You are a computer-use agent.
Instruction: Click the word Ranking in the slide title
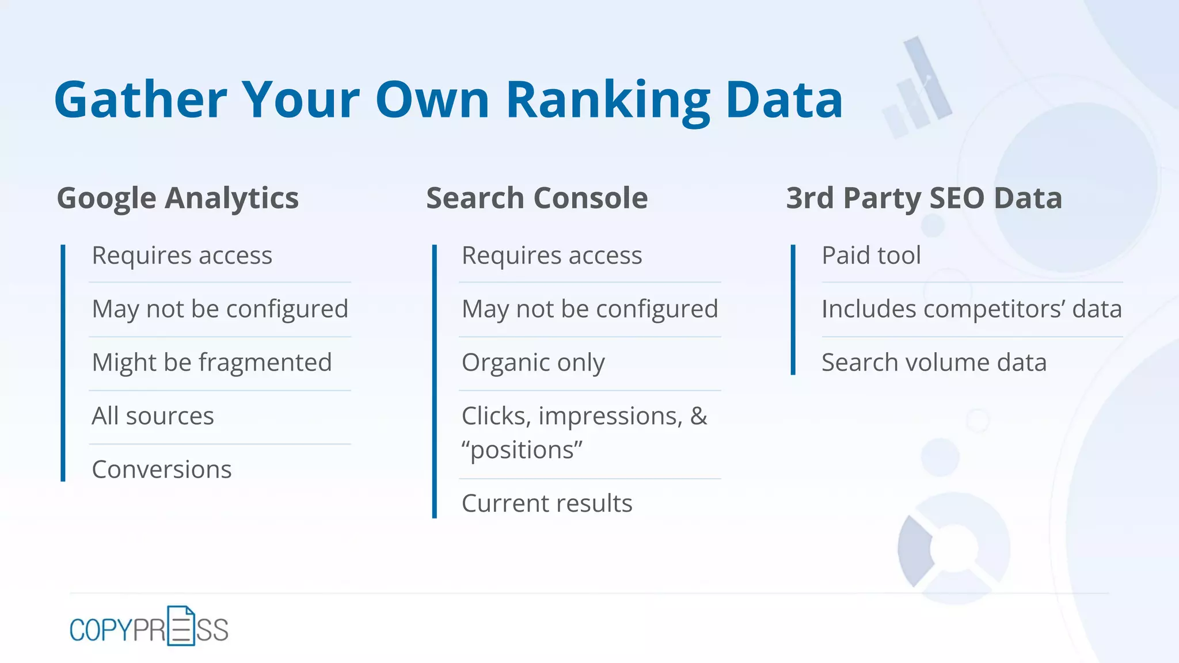pyautogui.click(x=608, y=101)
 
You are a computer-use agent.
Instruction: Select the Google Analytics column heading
pyautogui.click(x=178, y=198)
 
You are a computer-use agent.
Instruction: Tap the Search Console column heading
pyautogui.click(x=537, y=198)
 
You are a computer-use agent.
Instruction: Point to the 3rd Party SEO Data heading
pyautogui.click(x=924, y=198)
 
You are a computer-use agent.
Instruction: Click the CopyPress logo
pyautogui.click(x=149, y=627)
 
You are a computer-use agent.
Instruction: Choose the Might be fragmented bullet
pyautogui.click(x=212, y=363)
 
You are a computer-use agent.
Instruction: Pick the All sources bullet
pyautogui.click(x=153, y=416)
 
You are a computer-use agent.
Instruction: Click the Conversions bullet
pyautogui.click(x=162, y=470)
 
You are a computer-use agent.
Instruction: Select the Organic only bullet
pyautogui.click(x=533, y=363)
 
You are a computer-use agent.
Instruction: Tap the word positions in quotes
pyautogui.click(x=522, y=450)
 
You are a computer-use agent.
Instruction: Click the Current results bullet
pyautogui.click(x=547, y=504)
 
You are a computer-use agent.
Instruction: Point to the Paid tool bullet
pyautogui.click(x=871, y=256)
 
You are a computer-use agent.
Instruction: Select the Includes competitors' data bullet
pyautogui.click(x=971, y=309)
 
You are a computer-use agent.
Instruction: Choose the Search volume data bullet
pyautogui.click(x=934, y=363)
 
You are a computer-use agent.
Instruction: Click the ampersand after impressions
pyautogui.click(x=699, y=416)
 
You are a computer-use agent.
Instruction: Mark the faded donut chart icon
pyautogui.click(x=954, y=547)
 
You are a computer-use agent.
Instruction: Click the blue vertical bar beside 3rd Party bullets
pyautogui.click(x=793, y=310)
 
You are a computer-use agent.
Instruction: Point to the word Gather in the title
pyautogui.click(x=141, y=101)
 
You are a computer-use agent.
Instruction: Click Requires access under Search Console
pyautogui.click(x=552, y=256)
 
